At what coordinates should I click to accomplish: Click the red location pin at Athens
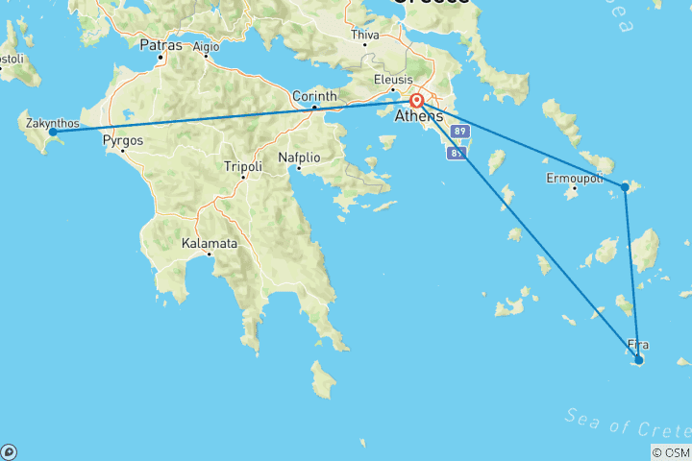coord(417,101)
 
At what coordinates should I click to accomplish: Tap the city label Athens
coord(419,117)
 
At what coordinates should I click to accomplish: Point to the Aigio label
coord(206,45)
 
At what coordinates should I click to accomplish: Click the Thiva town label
coord(366,35)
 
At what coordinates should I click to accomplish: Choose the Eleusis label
coord(394,80)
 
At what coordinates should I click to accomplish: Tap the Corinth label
coord(316,96)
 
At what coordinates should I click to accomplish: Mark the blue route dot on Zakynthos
coord(53,132)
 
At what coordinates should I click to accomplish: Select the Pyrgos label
coord(123,140)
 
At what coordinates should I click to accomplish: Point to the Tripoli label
coord(242,166)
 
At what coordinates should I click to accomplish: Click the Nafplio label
coord(298,158)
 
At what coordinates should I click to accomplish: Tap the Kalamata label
coord(209,244)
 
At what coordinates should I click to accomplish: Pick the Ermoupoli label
coord(575,179)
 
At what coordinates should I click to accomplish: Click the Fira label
coord(637,344)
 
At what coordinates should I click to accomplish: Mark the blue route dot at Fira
coord(638,360)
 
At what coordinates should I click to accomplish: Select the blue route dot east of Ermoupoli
coord(625,186)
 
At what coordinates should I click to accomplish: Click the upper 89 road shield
coord(459,131)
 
